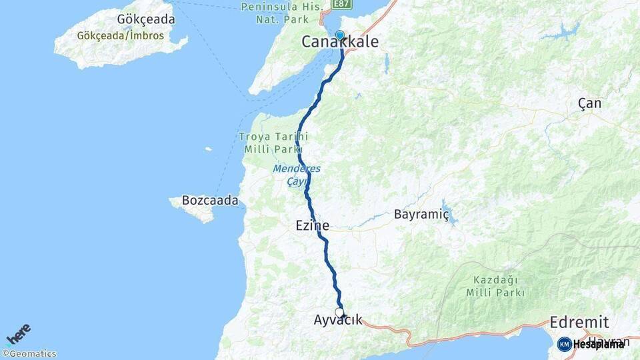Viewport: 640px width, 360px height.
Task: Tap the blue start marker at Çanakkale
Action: pos(340,35)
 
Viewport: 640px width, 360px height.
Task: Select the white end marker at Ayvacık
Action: pos(339,312)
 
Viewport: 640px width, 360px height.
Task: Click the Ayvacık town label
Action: pos(338,321)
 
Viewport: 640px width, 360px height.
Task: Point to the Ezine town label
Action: pos(313,227)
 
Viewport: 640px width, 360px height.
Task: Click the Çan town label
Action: pos(589,103)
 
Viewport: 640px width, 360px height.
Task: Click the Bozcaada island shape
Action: pos(195,211)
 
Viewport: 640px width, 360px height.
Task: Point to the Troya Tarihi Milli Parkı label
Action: pos(273,143)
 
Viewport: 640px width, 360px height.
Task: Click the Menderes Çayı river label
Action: pos(296,175)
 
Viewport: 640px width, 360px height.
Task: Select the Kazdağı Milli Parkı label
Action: pos(495,286)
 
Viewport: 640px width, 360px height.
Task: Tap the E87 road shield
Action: pos(341,4)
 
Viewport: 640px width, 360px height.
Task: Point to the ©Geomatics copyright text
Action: pos(29,354)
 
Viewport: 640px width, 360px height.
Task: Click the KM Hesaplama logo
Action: pos(591,344)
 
